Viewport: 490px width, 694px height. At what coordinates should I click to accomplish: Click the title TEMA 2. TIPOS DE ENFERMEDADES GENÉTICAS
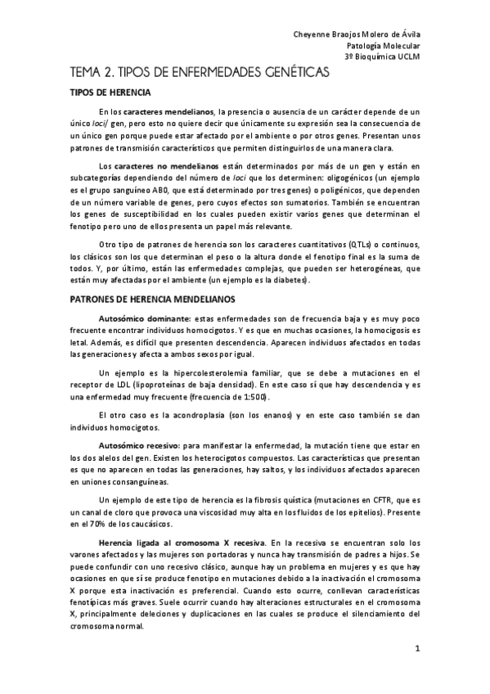(x=200, y=74)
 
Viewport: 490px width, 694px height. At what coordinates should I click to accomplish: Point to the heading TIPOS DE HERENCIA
(x=110, y=92)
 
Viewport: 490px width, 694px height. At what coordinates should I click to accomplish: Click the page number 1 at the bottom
(x=416, y=649)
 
